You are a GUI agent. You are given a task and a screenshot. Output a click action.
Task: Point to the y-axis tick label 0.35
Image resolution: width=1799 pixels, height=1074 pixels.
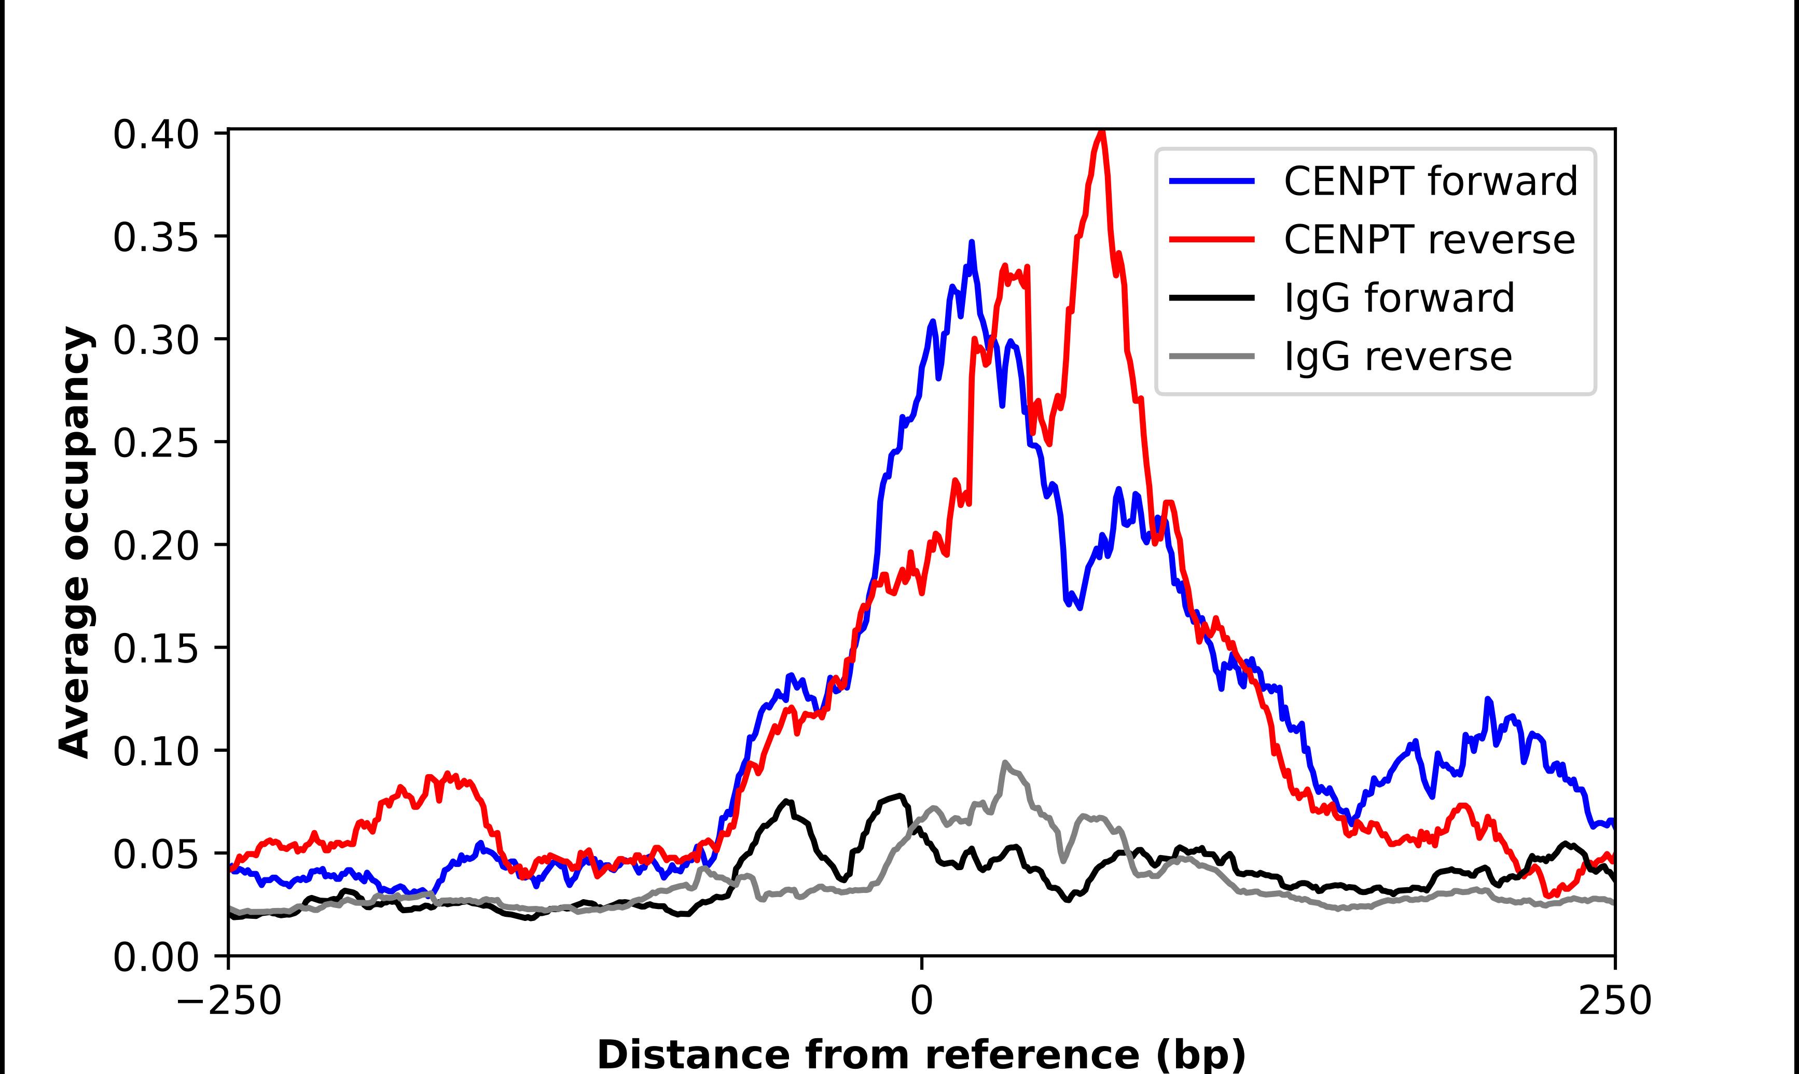pyautogui.click(x=156, y=238)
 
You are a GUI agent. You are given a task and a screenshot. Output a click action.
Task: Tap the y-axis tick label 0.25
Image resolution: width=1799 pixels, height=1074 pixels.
pyautogui.click(x=156, y=443)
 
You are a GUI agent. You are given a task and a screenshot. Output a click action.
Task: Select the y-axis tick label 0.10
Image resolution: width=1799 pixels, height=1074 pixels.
pyautogui.click(x=156, y=751)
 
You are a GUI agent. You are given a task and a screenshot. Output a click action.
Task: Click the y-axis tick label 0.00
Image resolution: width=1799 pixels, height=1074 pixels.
pyautogui.click(x=156, y=957)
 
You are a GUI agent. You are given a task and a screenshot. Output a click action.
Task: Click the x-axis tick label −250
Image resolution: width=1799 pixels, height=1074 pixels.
pyautogui.click(x=229, y=1001)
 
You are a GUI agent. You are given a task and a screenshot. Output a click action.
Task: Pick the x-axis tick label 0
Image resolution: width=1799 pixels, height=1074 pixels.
pyautogui.click(x=922, y=1001)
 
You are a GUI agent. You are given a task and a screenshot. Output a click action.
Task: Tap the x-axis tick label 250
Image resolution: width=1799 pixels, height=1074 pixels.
pyautogui.click(x=1614, y=1001)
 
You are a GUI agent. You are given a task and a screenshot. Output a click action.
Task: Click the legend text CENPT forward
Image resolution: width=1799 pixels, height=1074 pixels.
pyautogui.click(x=1430, y=182)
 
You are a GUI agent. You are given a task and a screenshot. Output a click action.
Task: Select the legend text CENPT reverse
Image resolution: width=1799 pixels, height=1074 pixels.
pyautogui.click(x=1429, y=240)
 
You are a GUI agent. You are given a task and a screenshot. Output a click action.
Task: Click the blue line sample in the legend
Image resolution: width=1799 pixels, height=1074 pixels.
pyautogui.click(x=1212, y=182)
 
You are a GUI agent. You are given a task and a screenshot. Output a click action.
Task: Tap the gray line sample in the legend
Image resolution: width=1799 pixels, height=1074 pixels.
pyautogui.click(x=1212, y=356)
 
